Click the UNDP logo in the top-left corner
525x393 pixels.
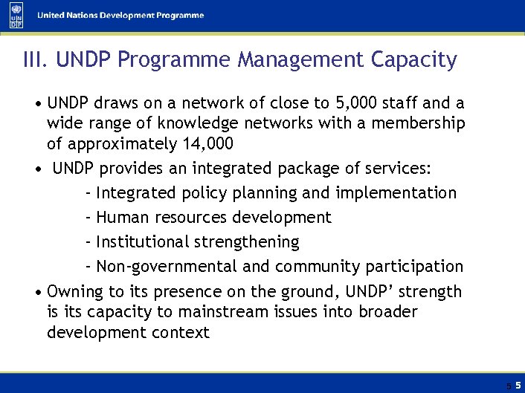[16, 16]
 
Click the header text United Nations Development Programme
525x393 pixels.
[120, 16]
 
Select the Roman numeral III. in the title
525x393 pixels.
[36, 60]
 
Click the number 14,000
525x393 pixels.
[207, 143]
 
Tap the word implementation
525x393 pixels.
[396, 193]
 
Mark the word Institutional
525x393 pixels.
[144, 242]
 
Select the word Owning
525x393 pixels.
[73, 292]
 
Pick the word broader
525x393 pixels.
[387, 312]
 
